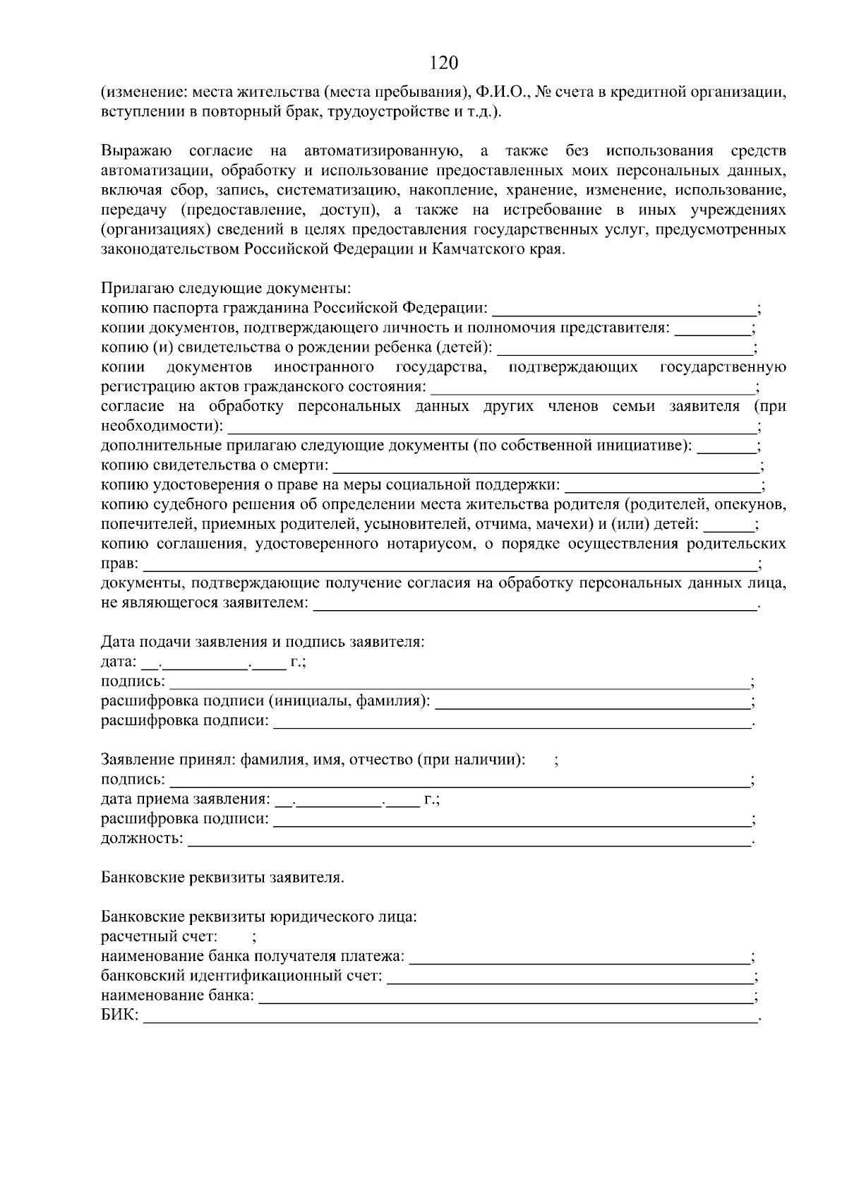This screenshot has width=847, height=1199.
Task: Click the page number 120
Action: tap(444, 64)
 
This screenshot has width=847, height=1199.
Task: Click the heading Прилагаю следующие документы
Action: tap(226, 289)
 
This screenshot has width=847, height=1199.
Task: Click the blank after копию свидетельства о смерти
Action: tap(545, 466)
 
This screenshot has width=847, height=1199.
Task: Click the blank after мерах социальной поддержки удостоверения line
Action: tap(663, 486)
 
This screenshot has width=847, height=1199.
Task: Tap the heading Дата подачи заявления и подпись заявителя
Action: tap(263, 643)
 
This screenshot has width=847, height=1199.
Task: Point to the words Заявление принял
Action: tap(168, 760)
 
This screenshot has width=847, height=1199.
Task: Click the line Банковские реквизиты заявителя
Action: tap(223, 878)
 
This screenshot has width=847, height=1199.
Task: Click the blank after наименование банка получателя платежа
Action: tap(580, 958)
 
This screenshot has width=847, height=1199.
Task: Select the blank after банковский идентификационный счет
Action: tap(570, 977)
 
